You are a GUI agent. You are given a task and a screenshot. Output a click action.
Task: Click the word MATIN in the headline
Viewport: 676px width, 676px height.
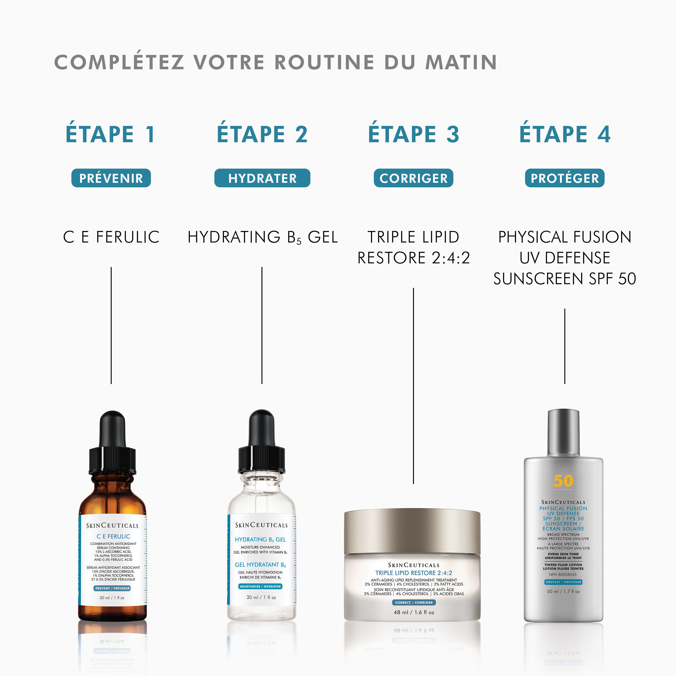pos(461,62)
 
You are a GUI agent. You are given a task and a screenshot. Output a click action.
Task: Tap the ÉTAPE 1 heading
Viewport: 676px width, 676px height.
pos(111,134)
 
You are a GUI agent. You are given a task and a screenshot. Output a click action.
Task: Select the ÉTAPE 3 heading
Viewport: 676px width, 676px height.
pos(413,134)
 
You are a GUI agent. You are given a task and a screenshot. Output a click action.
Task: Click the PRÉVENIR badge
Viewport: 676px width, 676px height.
pos(111,178)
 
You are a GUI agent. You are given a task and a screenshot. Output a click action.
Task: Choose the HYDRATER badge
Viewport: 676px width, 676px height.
pos(262,178)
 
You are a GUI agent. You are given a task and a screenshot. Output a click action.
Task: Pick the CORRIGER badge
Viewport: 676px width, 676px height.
pos(413,178)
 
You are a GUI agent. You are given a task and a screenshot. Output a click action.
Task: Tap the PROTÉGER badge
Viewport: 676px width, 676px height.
pos(564,178)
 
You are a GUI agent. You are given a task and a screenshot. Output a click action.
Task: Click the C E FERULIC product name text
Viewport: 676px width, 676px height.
pos(111,237)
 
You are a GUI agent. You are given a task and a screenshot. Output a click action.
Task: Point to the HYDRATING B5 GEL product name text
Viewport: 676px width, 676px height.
pos(263,237)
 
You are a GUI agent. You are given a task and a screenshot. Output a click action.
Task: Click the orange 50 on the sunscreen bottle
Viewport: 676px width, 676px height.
pos(563,481)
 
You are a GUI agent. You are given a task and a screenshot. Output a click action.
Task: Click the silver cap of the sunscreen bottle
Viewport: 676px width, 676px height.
pos(563,432)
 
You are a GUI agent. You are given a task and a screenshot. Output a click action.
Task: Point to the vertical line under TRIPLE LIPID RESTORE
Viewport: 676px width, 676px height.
pos(413,385)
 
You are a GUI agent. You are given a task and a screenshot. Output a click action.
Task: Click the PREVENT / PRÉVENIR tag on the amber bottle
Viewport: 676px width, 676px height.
pos(112,588)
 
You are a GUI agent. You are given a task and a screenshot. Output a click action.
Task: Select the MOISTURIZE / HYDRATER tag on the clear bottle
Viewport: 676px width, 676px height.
pos(260,586)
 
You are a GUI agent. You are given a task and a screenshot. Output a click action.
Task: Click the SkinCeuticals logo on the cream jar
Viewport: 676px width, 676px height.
pos(413,565)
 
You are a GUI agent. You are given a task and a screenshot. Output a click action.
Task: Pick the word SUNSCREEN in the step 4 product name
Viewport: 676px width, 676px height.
pos(540,279)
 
